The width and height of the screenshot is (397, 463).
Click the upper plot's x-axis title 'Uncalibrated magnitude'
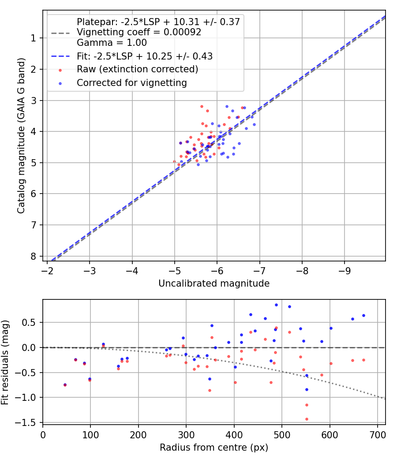pyautogui.click(x=214, y=284)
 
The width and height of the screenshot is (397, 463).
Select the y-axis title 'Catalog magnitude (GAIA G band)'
pyautogui.click(x=21, y=135)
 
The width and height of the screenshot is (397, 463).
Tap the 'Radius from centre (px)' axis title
pyautogui.click(x=214, y=448)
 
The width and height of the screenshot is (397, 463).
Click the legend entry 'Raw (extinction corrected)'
pyautogui.click(x=137, y=69)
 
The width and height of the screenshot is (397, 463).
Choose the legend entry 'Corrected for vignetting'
pyautogui.click(x=131, y=83)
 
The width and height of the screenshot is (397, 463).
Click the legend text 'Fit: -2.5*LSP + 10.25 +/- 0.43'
pyautogui.click(x=145, y=56)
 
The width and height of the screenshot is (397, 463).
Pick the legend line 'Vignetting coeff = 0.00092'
pyautogui.click(x=139, y=32)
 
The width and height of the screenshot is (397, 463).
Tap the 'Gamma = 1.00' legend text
pyautogui.click(x=112, y=43)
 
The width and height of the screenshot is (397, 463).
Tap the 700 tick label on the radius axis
pyautogui.click(x=378, y=434)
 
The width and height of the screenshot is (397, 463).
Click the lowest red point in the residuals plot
pyautogui.click(x=307, y=419)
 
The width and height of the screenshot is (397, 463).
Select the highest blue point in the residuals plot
pyautogui.click(x=276, y=305)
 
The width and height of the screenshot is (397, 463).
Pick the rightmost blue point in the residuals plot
pyautogui.click(x=363, y=315)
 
